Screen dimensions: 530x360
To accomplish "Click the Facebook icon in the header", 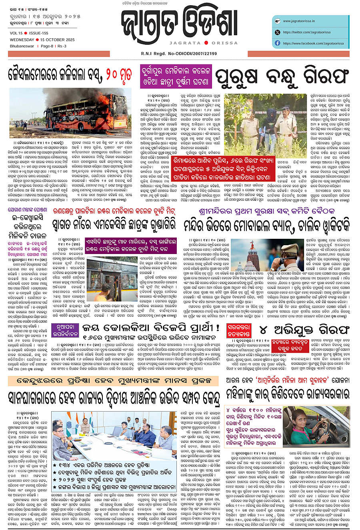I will [277, 43].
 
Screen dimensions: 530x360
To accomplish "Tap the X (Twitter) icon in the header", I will [277, 32].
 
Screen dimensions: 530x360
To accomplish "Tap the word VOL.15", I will [16, 33].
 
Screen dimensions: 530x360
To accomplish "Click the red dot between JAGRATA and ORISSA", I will [206, 43].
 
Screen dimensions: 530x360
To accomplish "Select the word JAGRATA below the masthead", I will [185, 43].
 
